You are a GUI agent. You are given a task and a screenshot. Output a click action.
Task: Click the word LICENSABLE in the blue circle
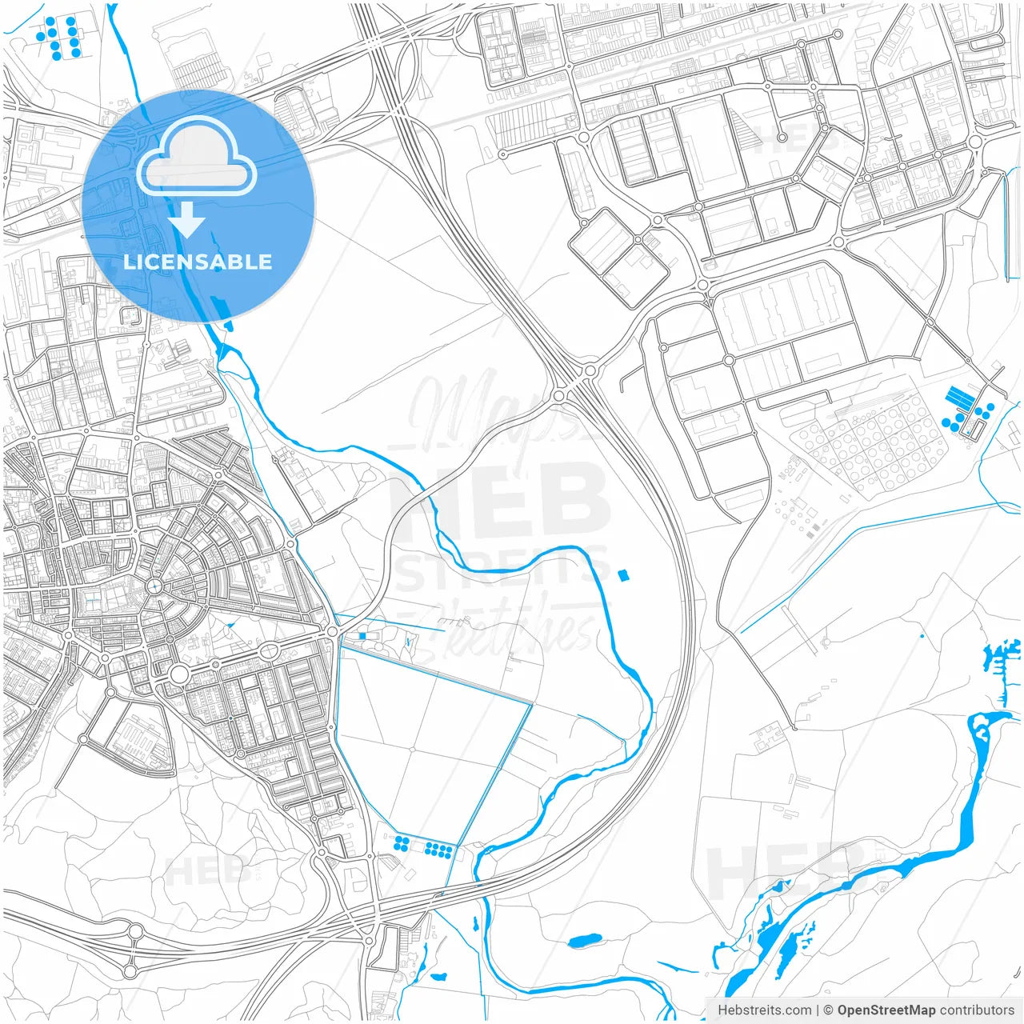coord(198,262)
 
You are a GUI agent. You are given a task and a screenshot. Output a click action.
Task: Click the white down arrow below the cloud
coord(187,220)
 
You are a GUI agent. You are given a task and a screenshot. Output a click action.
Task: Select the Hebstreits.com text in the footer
coord(764,1010)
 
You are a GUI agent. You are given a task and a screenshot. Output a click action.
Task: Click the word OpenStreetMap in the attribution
coord(886,1010)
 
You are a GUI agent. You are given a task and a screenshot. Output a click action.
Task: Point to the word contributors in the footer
coord(977,1010)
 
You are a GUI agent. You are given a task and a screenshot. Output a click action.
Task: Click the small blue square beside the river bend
coord(624,574)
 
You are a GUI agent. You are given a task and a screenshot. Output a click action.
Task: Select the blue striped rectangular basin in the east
coord(957,396)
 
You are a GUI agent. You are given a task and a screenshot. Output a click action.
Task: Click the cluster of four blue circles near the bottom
coord(402,844)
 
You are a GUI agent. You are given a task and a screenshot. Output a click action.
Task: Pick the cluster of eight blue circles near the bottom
coord(438,848)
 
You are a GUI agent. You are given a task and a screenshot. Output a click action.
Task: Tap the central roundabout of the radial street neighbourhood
coord(155,586)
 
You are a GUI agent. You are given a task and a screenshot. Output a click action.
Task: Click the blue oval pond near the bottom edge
coord(585,940)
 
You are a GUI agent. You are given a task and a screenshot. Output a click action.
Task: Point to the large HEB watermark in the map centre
coord(500,500)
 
